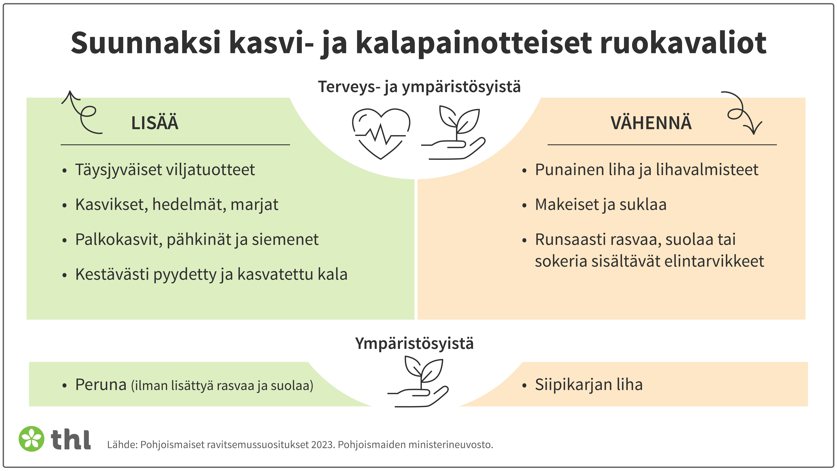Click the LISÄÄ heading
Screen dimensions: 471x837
155,123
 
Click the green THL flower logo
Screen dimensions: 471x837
31,439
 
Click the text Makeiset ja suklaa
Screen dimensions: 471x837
600,205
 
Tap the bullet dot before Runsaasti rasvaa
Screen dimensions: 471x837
524,241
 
